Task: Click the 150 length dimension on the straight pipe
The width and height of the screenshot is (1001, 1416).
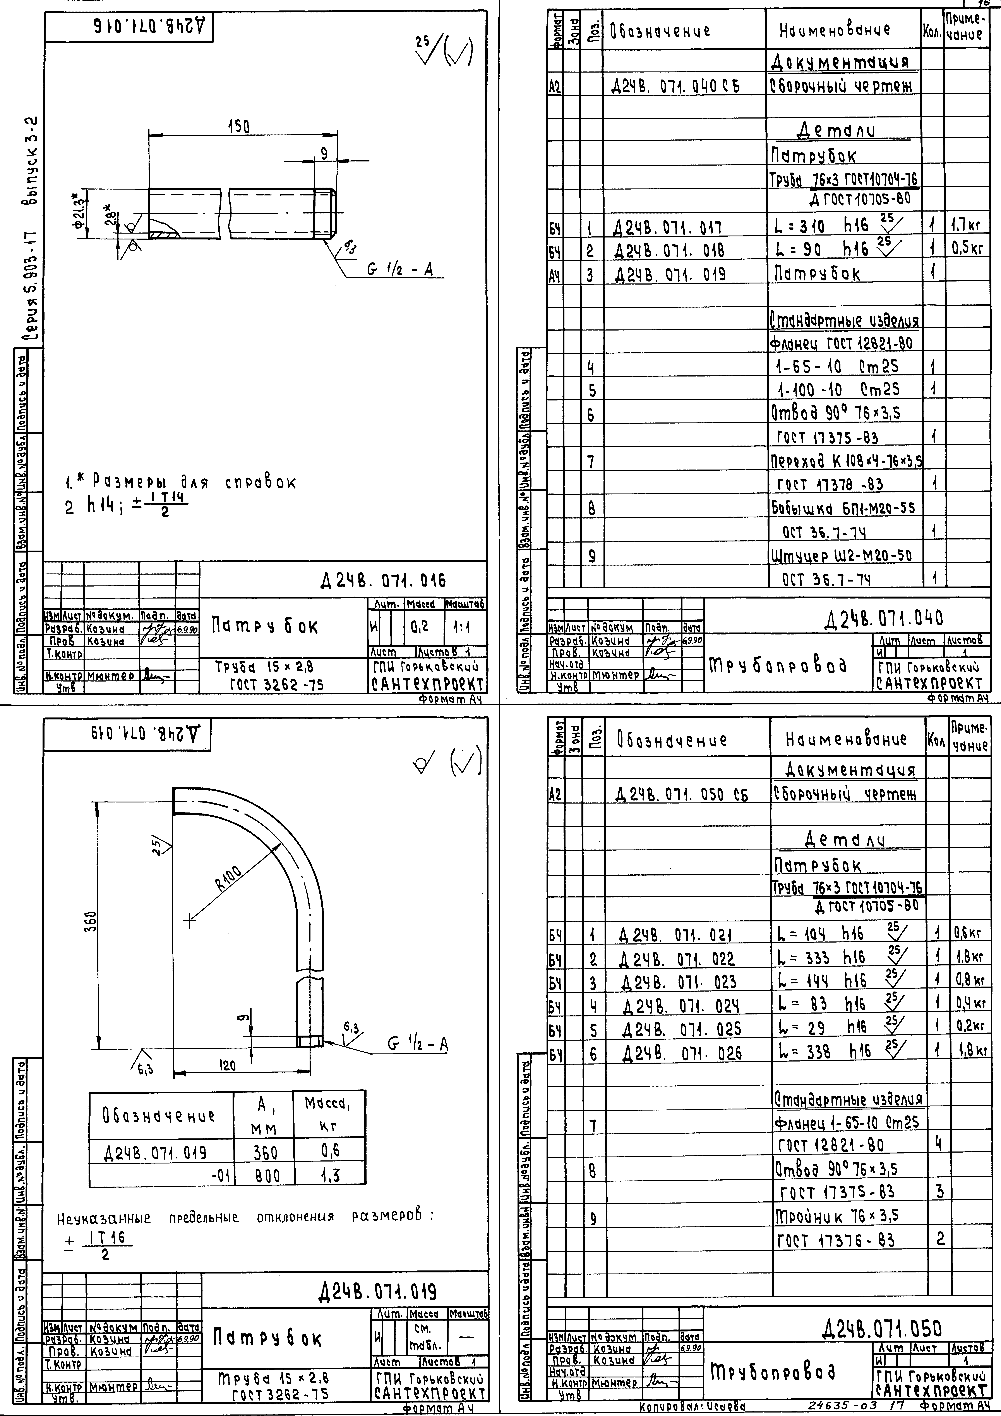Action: [238, 126]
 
